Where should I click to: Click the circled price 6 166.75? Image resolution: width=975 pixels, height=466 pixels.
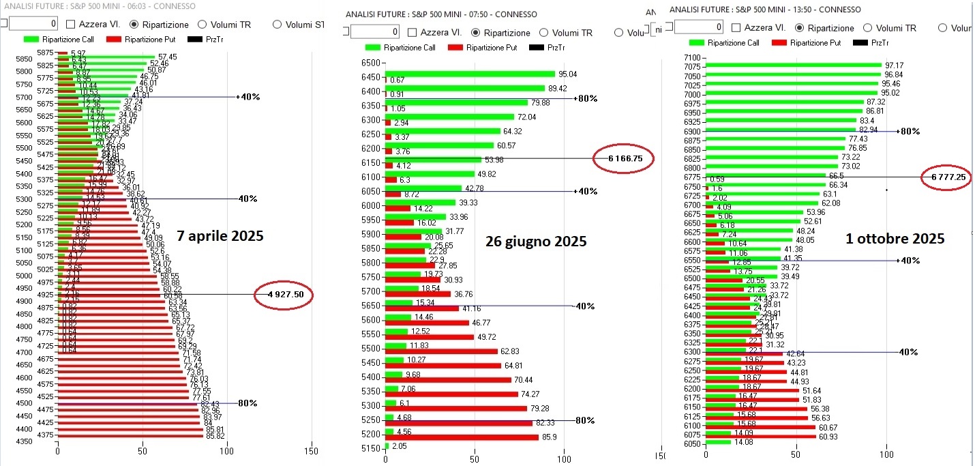[623, 158]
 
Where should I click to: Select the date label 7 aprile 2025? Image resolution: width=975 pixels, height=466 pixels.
[220, 236]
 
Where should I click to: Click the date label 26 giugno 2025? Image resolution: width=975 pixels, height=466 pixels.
[535, 241]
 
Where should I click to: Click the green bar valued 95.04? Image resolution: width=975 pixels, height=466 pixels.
[470, 74]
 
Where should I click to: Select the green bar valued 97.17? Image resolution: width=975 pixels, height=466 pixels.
[794, 65]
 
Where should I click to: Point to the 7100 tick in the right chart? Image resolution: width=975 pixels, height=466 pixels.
[691, 58]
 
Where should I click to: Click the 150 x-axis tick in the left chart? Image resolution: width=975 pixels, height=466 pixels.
[311, 452]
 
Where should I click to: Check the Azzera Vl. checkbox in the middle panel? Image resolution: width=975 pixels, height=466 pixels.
[412, 33]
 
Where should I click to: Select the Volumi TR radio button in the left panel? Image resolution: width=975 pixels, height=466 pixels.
[202, 25]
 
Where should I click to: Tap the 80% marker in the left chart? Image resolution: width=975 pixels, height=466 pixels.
[247, 403]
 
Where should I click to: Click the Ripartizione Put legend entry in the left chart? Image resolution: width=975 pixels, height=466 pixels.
[148, 39]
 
